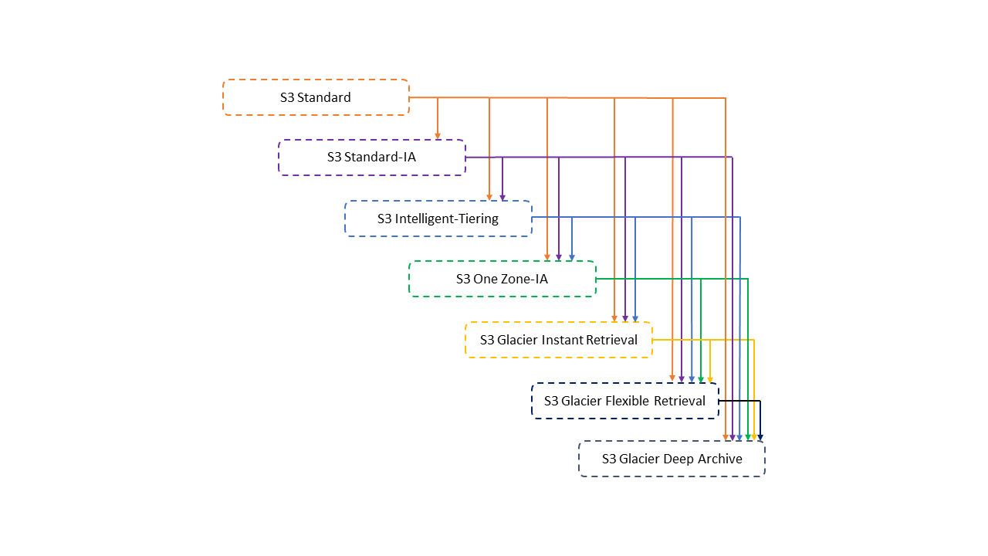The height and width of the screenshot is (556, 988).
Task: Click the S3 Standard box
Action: tap(316, 97)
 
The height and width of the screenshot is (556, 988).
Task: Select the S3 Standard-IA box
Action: tap(371, 158)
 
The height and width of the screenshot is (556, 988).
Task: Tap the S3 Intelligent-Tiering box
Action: tap(438, 219)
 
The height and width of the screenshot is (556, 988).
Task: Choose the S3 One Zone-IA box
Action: tap(502, 279)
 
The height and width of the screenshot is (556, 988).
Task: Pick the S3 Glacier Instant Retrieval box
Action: tap(558, 340)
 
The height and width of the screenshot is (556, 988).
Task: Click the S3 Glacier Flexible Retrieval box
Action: tap(624, 401)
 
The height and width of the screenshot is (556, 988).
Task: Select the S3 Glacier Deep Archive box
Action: tap(672, 459)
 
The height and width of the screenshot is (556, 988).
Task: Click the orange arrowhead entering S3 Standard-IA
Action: tap(438, 136)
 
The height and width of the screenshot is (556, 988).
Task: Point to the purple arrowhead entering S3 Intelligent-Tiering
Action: tap(502, 197)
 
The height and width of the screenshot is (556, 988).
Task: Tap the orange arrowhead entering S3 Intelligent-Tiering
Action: tap(489, 197)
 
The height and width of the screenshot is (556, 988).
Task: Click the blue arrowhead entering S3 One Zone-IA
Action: tap(572, 257)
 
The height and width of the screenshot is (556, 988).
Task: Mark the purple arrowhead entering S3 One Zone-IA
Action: tap(559, 257)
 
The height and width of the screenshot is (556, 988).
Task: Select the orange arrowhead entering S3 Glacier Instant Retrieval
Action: tap(614, 318)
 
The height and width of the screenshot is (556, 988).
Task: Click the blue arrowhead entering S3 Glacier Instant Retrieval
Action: tap(635, 318)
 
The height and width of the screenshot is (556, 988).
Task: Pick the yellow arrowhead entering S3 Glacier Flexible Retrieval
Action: tap(710, 379)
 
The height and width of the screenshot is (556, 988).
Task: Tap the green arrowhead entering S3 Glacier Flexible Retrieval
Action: tap(701, 379)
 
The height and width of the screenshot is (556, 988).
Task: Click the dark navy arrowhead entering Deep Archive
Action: tap(760, 438)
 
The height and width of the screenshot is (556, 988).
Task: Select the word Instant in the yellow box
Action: tap(563, 340)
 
